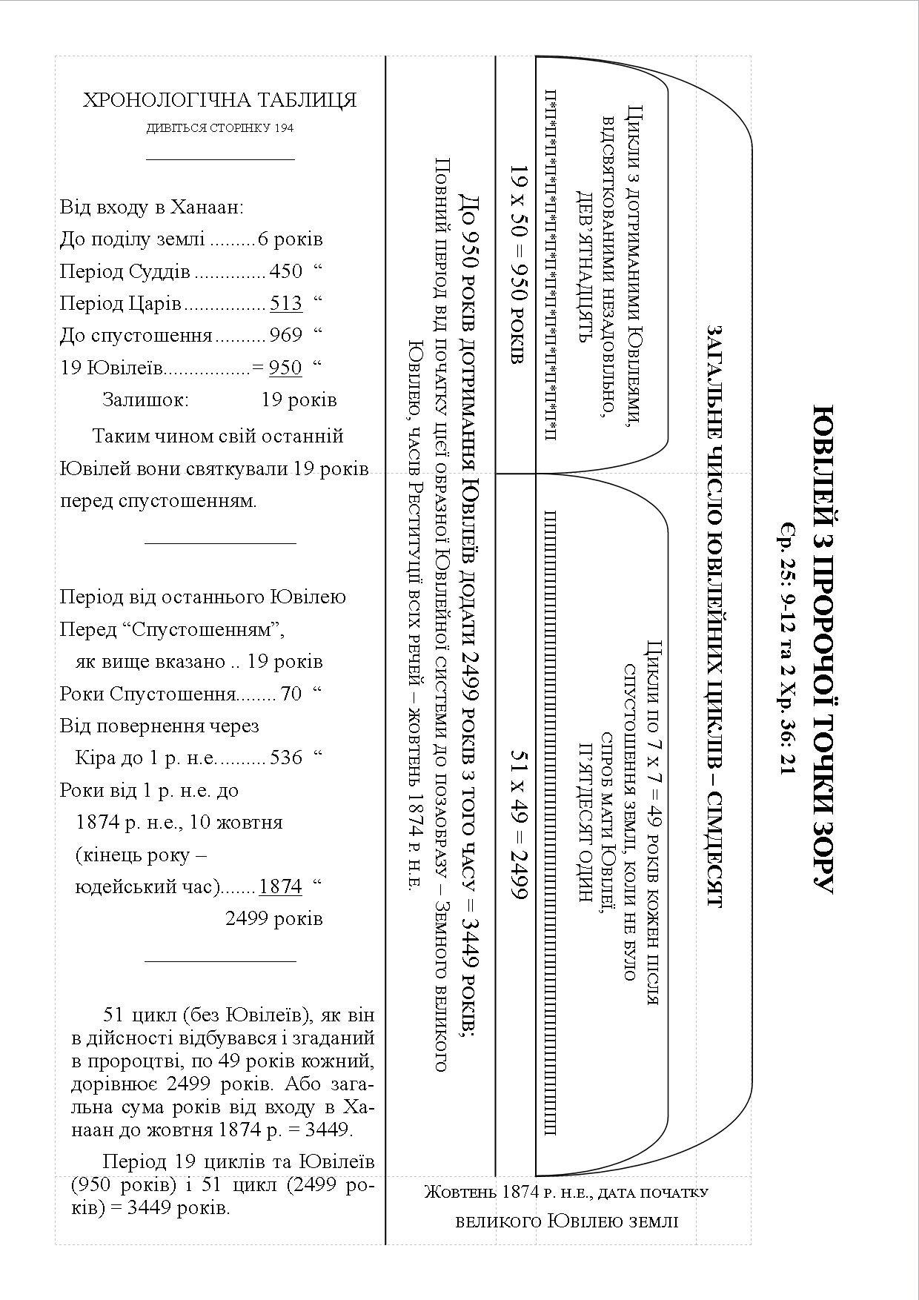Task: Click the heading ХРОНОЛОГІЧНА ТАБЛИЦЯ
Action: [x=219, y=100]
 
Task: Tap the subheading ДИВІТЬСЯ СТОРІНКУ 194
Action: [x=219, y=128]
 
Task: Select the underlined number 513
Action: [x=286, y=303]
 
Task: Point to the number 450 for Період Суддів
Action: [x=286, y=271]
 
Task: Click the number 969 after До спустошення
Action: [x=286, y=336]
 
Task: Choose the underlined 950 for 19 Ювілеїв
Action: [x=285, y=368]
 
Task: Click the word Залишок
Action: [x=146, y=400]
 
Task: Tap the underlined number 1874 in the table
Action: [x=281, y=886]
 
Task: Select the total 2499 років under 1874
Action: [x=274, y=919]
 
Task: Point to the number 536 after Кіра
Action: [x=286, y=757]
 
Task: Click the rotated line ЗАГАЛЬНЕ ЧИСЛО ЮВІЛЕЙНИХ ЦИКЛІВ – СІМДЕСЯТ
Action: [x=714, y=615]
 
